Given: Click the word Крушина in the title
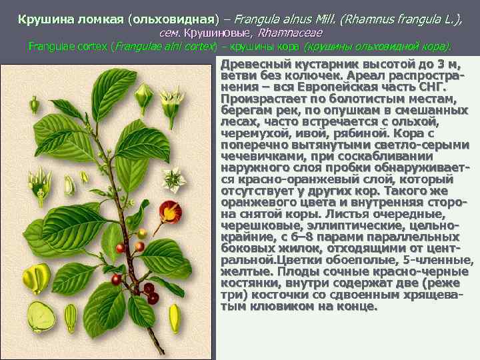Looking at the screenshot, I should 43,17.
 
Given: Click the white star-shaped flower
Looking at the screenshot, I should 175,179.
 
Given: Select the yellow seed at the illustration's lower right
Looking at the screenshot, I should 175,318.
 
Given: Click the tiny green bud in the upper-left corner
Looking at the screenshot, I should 15,82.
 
